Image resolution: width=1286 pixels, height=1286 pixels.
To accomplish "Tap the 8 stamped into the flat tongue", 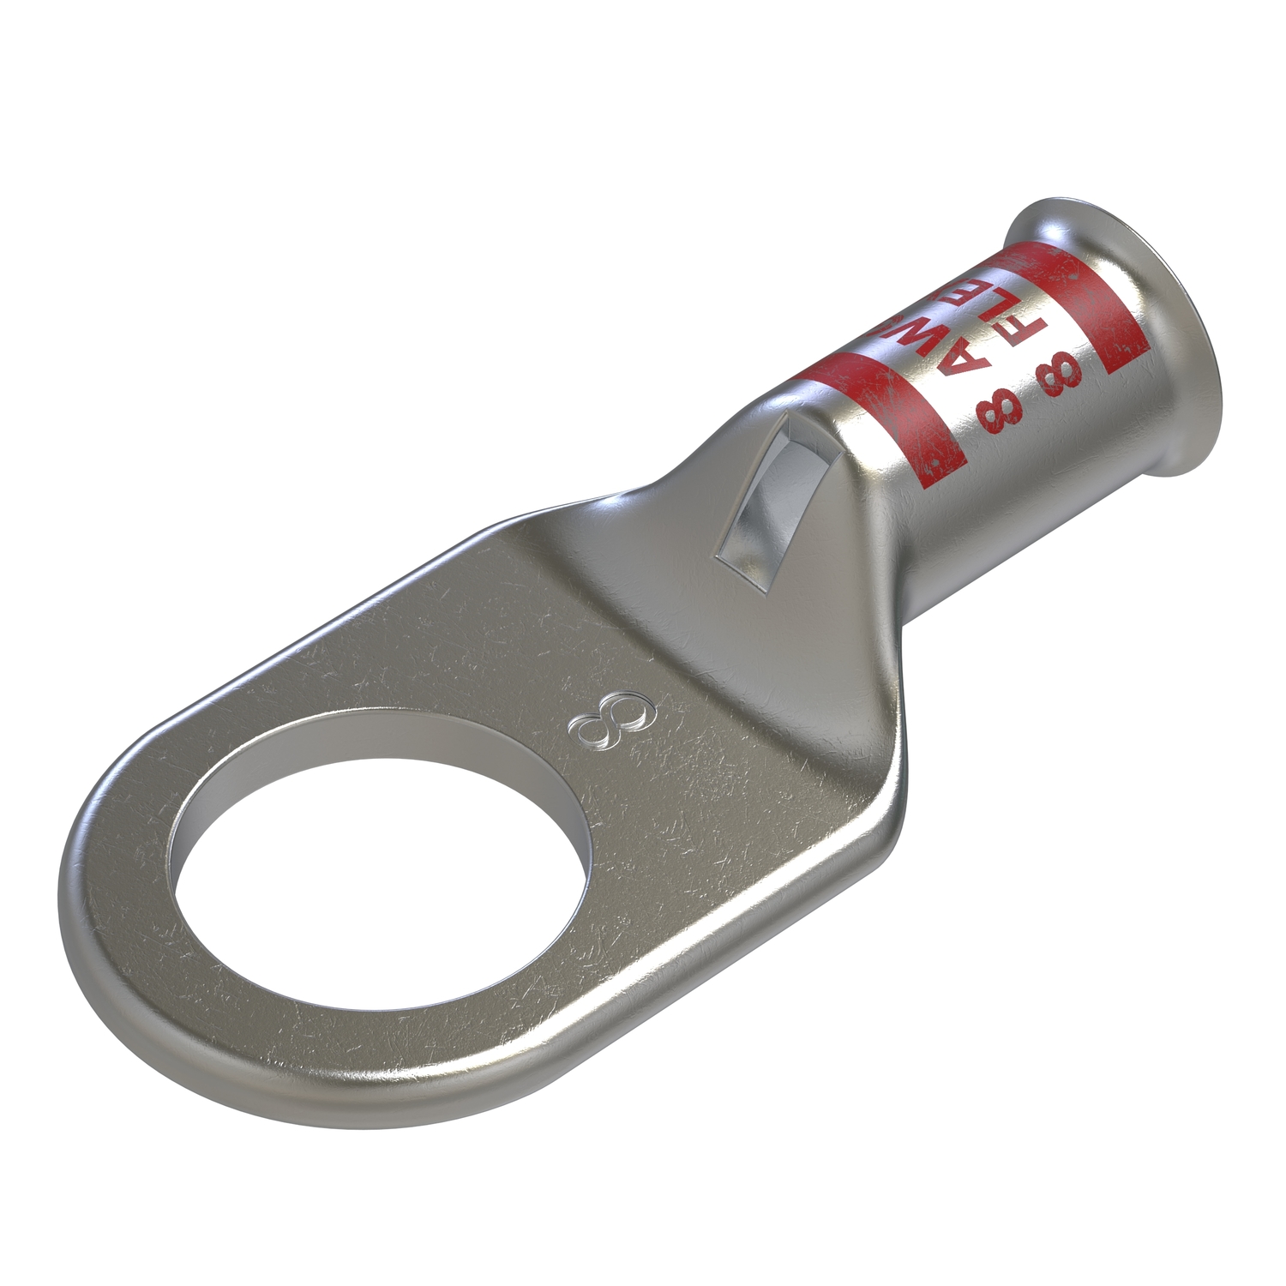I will click(610, 718).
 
